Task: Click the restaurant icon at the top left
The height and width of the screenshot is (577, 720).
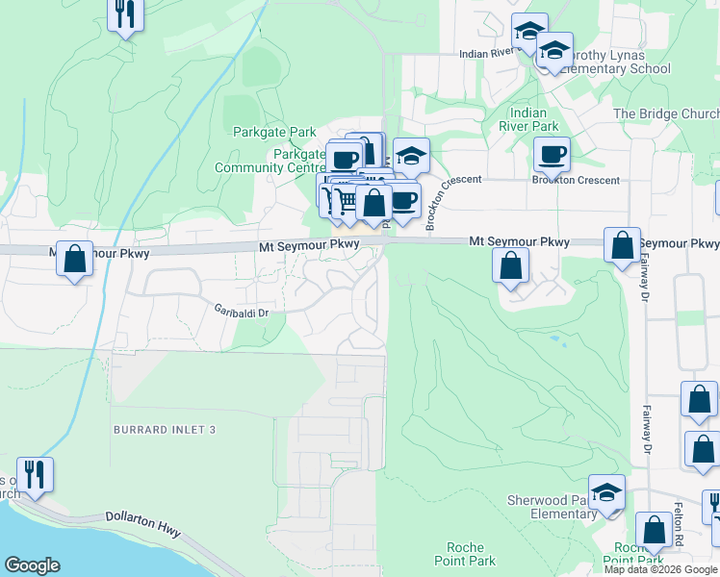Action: (125, 13)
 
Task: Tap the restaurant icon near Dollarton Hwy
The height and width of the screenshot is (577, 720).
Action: (36, 474)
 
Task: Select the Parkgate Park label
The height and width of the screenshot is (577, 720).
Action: (274, 132)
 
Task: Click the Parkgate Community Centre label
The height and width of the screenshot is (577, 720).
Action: (270, 161)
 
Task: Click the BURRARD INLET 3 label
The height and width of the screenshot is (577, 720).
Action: (163, 429)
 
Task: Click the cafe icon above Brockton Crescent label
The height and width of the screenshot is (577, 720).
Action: (553, 154)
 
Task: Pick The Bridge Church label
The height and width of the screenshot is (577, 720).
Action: (666, 113)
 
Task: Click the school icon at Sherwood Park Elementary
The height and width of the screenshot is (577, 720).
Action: (607, 494)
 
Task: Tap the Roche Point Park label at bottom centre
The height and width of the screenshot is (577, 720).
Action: (465, 554)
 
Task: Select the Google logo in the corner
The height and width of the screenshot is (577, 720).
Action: (32, 565)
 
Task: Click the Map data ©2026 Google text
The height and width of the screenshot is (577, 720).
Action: (660, 569)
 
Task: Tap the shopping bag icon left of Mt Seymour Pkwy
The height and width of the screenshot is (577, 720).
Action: (74, 258)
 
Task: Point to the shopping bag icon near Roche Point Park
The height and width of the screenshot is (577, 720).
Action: (655, 529)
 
